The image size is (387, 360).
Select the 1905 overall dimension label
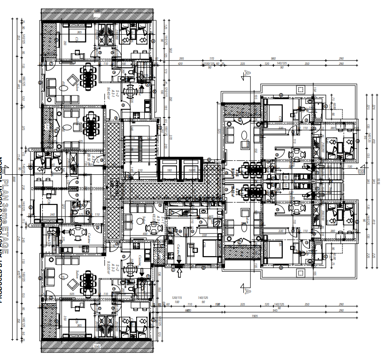pyautogui.click(x=255, y=316)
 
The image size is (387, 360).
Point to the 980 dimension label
pyautogui.click(x=273, y=59)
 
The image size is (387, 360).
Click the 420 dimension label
pyautogui.click(x=180, y=63)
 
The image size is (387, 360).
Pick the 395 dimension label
pyautogui.click(x=182, y=59)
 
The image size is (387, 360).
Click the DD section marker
pyautogui.click(x=361, y=172)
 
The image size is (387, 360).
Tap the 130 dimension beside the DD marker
pyautogui.click(x=349, y=167)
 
